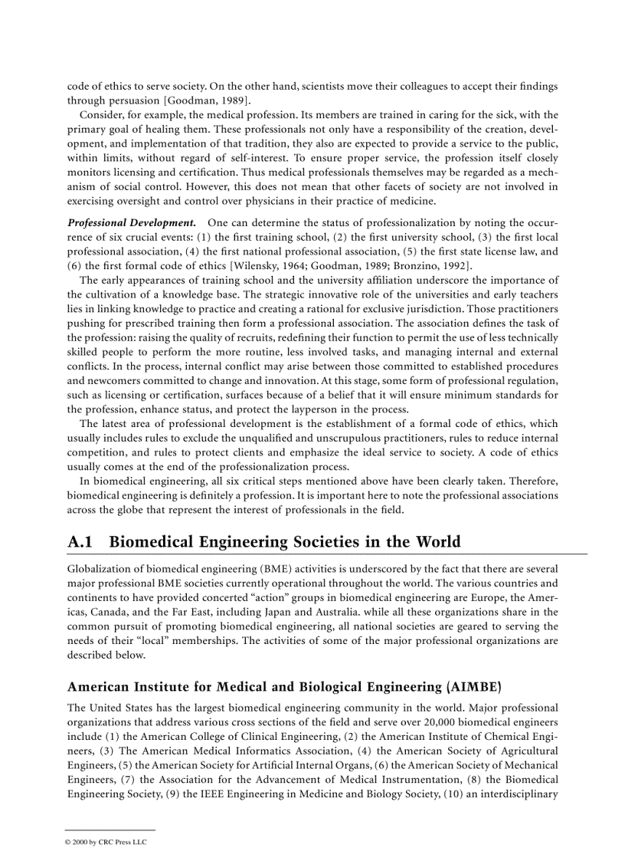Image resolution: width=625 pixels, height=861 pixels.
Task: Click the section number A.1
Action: [80, 542]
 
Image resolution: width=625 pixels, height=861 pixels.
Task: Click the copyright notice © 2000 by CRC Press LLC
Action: [106, 842]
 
